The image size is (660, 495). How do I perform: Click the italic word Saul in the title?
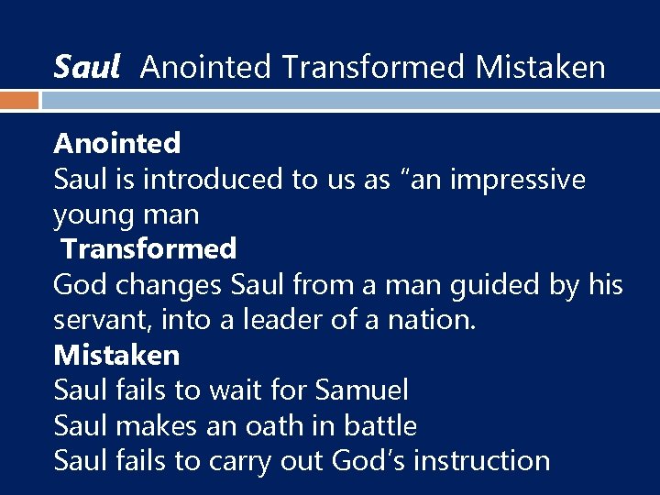coord(87,66)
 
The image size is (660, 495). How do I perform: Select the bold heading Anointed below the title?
coord(117,143)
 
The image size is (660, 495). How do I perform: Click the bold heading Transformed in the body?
coord(148,248)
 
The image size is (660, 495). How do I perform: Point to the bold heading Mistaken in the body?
coord(116,354)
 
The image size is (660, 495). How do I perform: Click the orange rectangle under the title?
coord(19,100)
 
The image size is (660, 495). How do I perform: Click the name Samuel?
coord(360,390)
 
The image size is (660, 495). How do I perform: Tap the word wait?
coord(234,390)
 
